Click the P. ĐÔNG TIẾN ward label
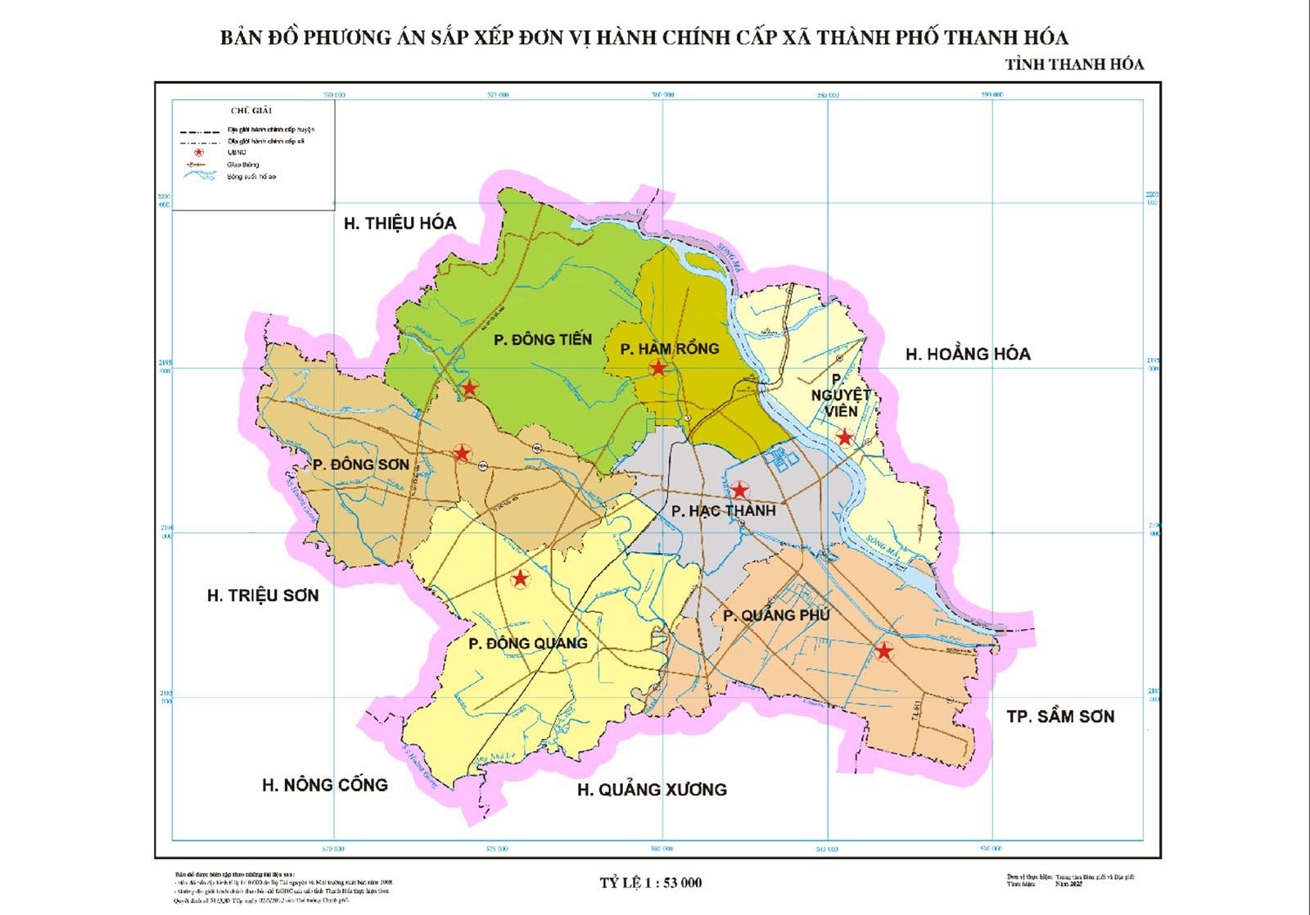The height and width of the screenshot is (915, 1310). point(543,339)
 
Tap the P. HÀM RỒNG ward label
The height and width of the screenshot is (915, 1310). point(669,349)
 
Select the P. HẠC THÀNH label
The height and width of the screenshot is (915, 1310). point(723,511)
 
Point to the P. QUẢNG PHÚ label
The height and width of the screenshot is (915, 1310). point(776,615)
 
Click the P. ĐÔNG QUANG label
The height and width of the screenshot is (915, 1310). point(528,643)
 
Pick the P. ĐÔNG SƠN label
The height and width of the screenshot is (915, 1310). point(360,464)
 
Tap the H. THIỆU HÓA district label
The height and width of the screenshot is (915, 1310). point(400,223)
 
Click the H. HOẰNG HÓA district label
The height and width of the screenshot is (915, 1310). point(968,354)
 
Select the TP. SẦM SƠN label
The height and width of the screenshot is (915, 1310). point(1060,717)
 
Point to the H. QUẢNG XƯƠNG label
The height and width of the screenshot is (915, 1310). point(652,790)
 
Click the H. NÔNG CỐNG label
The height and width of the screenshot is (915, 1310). point(324,785)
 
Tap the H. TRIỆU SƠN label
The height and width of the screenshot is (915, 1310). point(262,596)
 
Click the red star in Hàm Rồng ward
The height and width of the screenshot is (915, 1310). point(658,369)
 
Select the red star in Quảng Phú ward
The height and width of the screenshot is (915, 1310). point(883,652)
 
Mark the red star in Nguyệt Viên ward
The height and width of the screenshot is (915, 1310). point(845,438)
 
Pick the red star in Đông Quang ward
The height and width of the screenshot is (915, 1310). point(519,580)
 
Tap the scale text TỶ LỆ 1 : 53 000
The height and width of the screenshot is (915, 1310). point(650,882)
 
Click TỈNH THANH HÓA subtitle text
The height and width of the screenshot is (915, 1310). point(1074,64)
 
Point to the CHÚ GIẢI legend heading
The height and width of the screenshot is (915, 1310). point(251,110)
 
